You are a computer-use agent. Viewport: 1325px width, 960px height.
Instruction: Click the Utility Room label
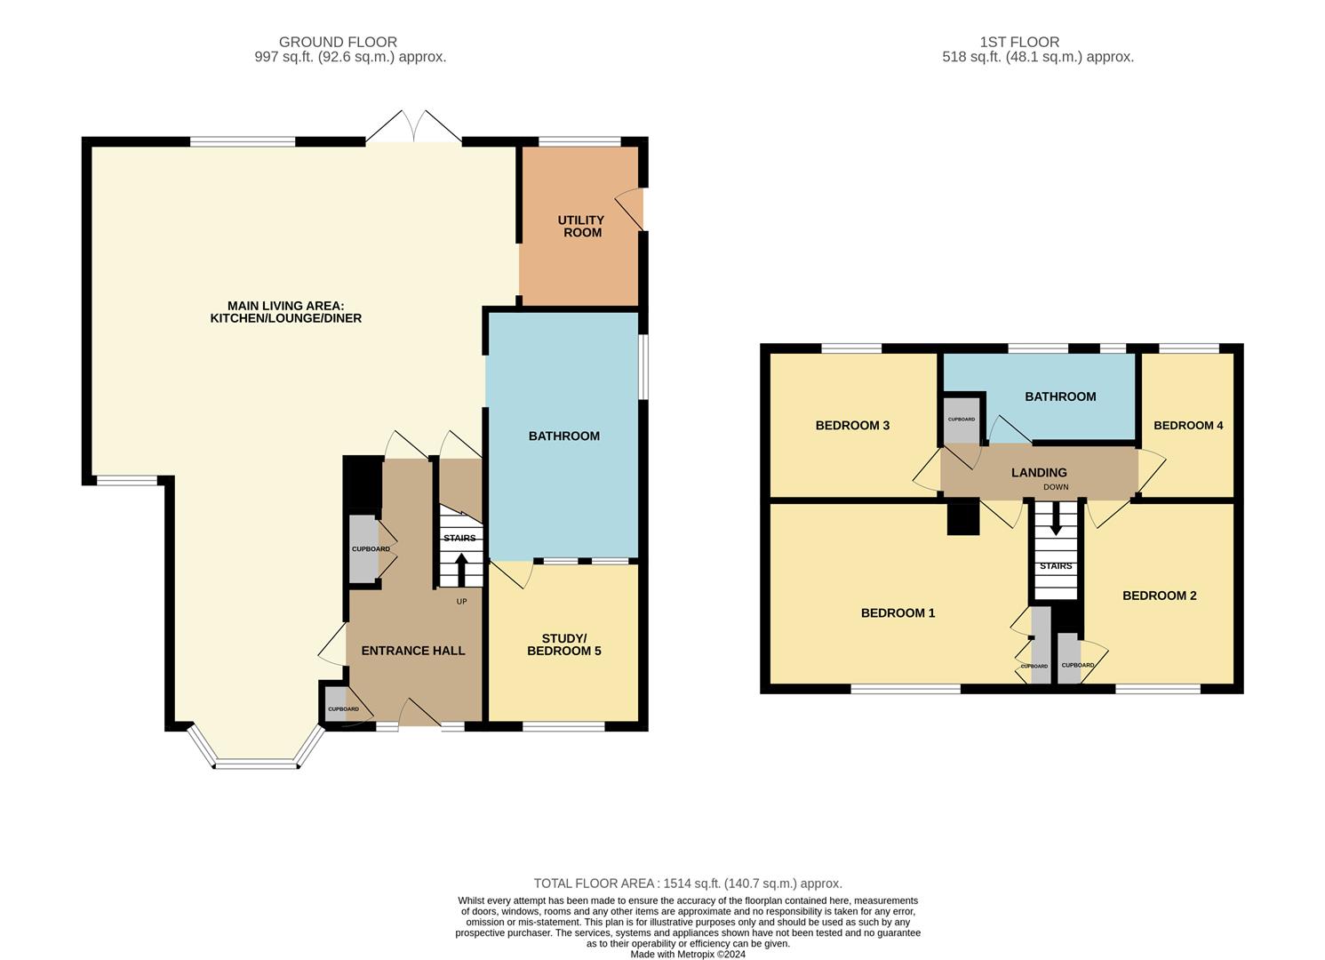pos(580,226)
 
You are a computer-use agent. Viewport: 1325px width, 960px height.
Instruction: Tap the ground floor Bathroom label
pos(563,436)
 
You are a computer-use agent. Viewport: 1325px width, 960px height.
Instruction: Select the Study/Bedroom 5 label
pos(563,644)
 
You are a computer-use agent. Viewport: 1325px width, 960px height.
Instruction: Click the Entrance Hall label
pos(412,651)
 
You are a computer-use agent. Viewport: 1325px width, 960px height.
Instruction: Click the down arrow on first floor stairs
pos(1055,519)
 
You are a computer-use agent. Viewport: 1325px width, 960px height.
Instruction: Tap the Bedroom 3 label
pos(852,425)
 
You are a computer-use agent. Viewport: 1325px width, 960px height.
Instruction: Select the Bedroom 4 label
pos(1187,425)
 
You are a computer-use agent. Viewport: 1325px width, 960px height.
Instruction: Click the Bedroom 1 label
pos(898,612)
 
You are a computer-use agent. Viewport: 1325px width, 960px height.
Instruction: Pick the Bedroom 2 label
pos(1159,596)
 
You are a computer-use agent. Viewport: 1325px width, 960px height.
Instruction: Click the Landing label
pos(1039,473)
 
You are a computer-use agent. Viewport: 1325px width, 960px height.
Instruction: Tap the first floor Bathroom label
pos(1060,396)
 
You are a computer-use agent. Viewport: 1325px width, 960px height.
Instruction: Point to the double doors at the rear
pos(413,129)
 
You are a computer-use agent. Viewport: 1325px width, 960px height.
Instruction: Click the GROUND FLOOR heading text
pos(338,42)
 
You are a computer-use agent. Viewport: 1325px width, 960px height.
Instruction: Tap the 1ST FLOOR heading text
pos(1019,42)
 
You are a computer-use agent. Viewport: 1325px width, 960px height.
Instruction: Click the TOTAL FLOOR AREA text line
pos(687,884)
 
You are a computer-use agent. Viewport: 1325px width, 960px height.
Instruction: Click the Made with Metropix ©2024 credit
pos(687,955)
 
